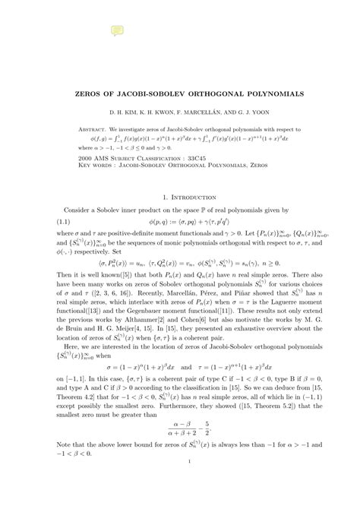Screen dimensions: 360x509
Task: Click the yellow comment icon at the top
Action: [117, 30]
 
